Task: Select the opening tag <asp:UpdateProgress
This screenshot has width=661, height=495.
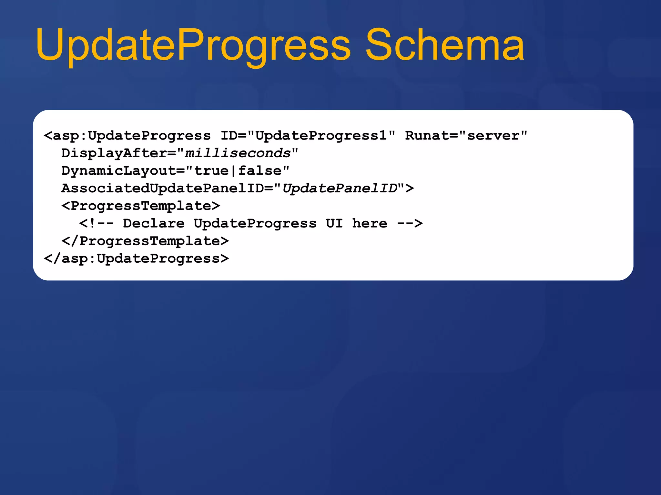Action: (x=127, y=136)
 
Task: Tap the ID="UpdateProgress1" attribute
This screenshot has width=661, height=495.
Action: (x=308, y=136)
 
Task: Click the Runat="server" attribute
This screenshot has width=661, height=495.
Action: (x=466, y=136)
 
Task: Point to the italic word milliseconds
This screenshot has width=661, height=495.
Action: (x=238, y=153)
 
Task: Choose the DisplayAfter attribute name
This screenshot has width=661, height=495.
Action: (x=115, y=153)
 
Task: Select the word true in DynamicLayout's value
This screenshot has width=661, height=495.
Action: (x=211, y=171)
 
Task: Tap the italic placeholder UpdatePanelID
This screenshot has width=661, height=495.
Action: (x=340, y=188)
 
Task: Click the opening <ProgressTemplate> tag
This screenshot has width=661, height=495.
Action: (x=141, y=206)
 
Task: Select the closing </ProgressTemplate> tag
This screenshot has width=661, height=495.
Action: (x=145, y=241)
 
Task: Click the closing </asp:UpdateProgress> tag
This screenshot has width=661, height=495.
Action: (x=136, y=258)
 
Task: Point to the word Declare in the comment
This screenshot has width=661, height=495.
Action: (x=154, y=223)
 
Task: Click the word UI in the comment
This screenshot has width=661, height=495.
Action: (x=334, y=223)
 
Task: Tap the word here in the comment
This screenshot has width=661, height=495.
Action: (x=370, y=223)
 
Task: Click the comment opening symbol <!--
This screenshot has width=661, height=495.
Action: (x=97, y=223)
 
